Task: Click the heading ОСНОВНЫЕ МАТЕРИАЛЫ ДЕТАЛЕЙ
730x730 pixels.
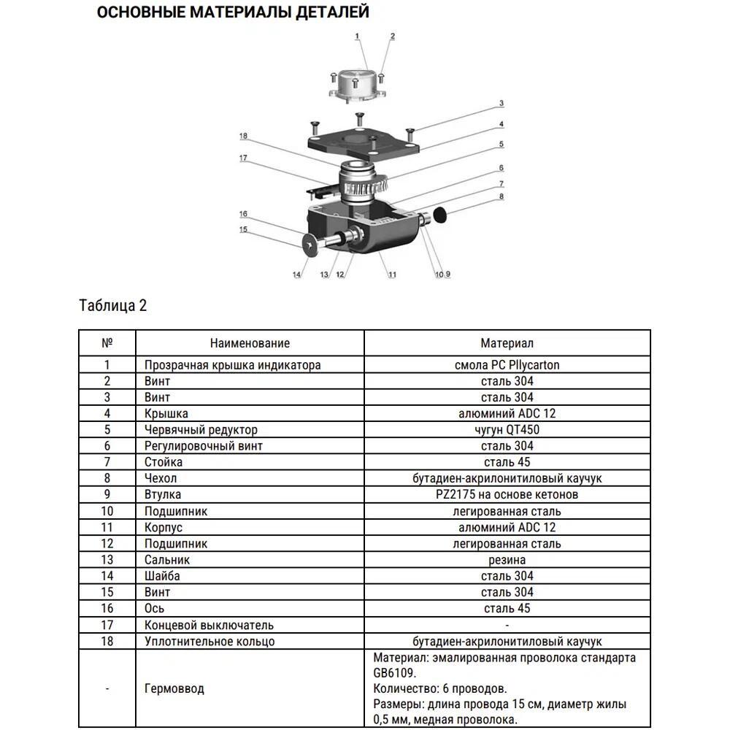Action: click(233, 12)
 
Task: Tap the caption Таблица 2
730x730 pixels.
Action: click(112, 305)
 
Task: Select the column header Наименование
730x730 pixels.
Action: click(250, 343)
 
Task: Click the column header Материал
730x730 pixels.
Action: click(507, 343)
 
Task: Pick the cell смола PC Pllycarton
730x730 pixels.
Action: click(507, 365)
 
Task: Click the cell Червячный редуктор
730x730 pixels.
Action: click(201, 430)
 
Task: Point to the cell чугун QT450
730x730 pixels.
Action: click(507, 430)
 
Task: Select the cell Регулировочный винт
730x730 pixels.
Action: click(203, 446)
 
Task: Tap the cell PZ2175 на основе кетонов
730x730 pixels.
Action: click(507, 495)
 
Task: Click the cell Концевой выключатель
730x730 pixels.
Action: click(209, 625)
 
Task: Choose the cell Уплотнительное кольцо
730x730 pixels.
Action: click(210, 641)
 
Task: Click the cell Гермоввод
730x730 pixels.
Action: click(174, 688)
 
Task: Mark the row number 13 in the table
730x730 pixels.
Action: click(107, 560)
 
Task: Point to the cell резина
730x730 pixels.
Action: click(507, 560)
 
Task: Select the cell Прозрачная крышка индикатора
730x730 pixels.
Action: click(232, 365)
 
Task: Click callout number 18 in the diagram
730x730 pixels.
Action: click(243, 136)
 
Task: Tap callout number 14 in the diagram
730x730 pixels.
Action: click(296, 274)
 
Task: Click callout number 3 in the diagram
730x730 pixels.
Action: click(502, 104)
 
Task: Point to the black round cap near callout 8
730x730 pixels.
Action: click(439, 214)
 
